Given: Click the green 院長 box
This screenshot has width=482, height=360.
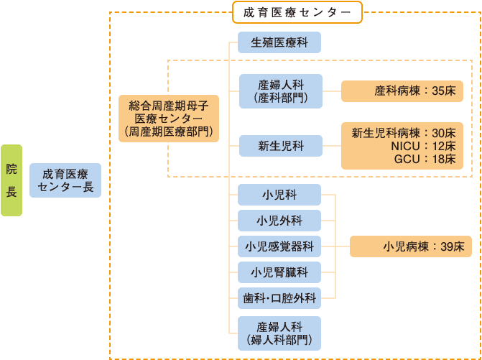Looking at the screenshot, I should tap(11, 180).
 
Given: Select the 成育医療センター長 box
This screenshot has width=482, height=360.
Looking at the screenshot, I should tap(65, 181).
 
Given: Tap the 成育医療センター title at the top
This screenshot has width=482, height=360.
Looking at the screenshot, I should tap(297, 11).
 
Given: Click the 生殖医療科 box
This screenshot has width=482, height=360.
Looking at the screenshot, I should tap(279, 42).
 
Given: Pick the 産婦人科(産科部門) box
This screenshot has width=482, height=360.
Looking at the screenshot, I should tap(280, 91).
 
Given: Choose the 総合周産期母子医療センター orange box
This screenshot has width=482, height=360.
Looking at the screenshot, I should tap(168, 118).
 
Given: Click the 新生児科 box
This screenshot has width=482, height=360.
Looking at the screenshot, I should tap(280, 146).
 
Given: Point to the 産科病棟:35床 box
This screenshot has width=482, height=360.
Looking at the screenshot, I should tap(402, 91).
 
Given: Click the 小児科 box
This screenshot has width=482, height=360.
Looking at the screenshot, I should tap(279, 195).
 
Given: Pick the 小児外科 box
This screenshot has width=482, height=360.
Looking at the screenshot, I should tap(279, 220).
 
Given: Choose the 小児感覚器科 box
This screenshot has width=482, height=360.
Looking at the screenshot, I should tap(279, 246).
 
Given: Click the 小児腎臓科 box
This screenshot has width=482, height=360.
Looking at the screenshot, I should tap(279, 272).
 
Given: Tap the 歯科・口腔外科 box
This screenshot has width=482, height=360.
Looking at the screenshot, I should tap(279, 296).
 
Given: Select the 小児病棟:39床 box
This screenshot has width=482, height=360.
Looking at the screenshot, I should tap(411, 246).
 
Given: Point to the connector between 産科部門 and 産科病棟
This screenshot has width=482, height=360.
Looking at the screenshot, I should tap(332, 91).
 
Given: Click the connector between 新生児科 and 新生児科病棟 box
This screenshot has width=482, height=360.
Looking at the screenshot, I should tap(332, 146).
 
